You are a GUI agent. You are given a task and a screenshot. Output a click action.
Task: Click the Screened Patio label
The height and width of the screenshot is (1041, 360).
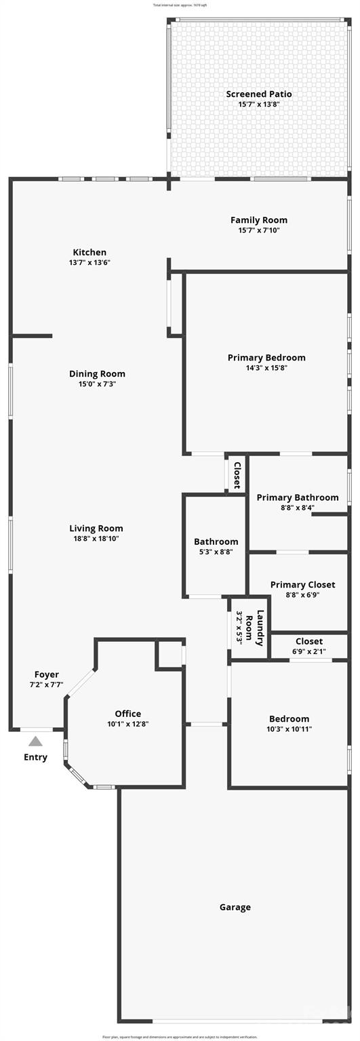(x=259, y=94)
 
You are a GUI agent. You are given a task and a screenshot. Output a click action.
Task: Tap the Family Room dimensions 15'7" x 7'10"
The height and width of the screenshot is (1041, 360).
(x=259, y=230)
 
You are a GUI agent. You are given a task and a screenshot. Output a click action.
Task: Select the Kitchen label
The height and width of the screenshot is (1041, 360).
(x=89, y=252)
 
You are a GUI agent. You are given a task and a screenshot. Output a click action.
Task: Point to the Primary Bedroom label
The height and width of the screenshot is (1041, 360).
(x=266, y=358)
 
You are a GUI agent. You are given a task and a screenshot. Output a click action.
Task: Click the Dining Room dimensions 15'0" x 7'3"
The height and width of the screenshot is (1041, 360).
(x=97, y=384)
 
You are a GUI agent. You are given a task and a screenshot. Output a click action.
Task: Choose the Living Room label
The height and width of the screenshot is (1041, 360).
(x=96, y=529)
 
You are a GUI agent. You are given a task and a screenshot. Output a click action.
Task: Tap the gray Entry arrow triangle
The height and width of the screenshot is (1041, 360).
(x=35, y=741)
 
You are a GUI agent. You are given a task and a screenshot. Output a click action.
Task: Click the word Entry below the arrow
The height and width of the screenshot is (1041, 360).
(x=35, y=757)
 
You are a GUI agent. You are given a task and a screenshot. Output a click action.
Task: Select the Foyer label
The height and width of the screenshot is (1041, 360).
(x=47, y=674)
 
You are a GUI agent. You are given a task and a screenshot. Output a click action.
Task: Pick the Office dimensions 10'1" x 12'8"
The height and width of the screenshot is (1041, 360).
(x=127, y=724)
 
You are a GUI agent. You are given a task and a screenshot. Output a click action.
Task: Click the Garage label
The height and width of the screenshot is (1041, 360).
(x=235, y=907)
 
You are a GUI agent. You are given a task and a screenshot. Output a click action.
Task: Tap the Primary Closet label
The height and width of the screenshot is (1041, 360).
(x=302, y=585)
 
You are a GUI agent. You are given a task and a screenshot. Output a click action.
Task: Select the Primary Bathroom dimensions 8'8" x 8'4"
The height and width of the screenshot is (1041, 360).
(x=298, y=508)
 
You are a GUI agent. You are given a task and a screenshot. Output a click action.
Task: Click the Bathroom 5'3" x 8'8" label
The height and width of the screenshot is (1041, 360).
(x=216, y=542)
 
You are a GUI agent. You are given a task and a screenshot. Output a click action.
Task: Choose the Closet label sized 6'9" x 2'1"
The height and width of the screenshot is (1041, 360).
(x=309, y=641)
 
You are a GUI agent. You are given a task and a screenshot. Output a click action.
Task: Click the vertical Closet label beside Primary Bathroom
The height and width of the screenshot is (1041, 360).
(x=237, y=475)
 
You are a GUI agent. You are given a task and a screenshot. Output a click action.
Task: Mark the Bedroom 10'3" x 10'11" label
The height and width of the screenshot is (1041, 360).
(x=289, y=719)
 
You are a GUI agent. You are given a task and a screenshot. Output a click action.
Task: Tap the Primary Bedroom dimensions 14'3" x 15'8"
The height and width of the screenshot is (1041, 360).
(x=266, y=368)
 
